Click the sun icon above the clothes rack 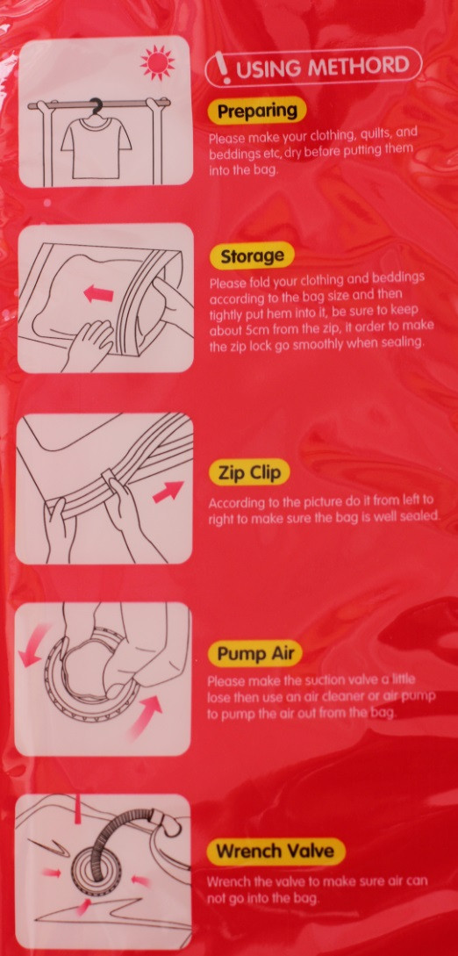tap(157, 61)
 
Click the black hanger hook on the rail tap(96, 107)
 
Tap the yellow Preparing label tap(257, 111)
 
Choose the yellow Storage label tap(252, 256)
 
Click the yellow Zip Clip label tap(249, 474)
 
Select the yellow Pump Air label tap(255, 654)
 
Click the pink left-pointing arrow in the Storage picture tap(98, 294)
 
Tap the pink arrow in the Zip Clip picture tap(168, 492)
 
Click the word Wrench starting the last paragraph tap(227, 881)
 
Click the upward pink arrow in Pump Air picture tap(147, 717)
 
